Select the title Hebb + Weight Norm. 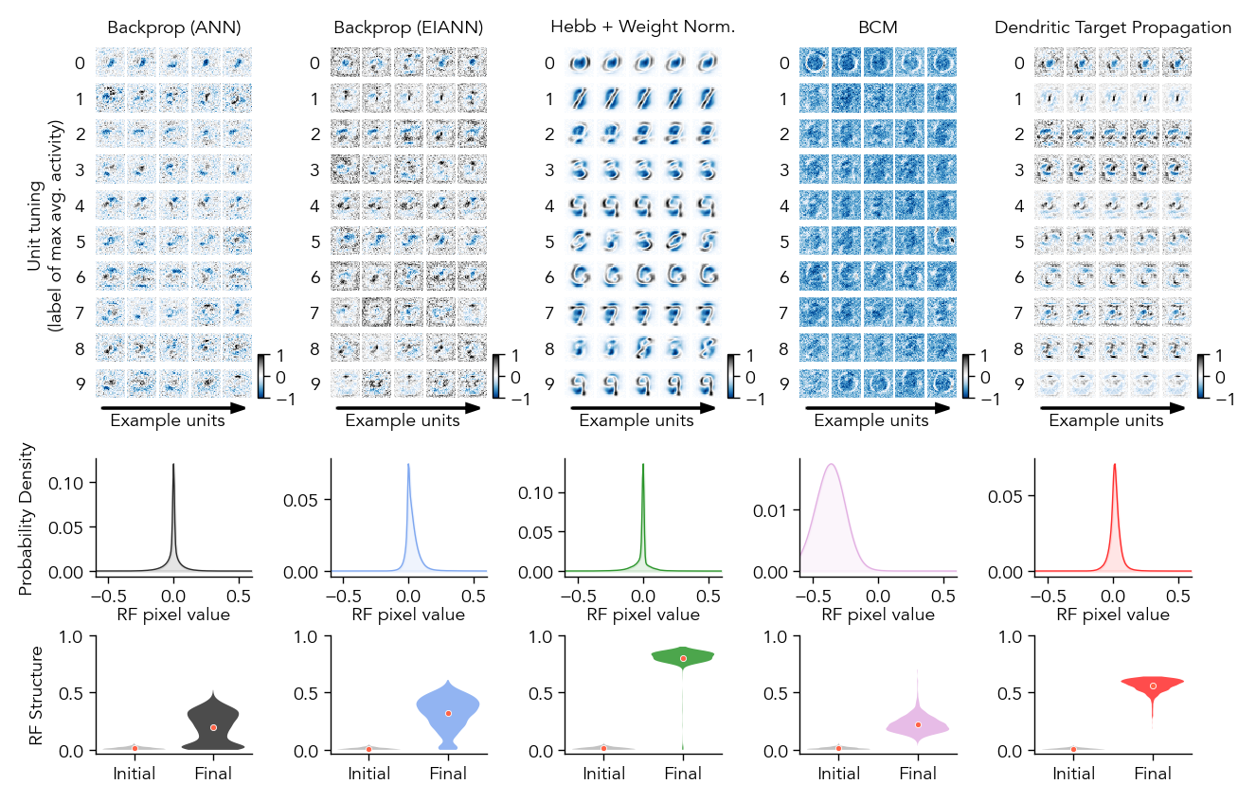click(643, 27)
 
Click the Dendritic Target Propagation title click(1113, 27)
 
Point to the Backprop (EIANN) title click(408, 27)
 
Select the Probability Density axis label click(26, 522)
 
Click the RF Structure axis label click(36, 695)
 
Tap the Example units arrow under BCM click(877, 408)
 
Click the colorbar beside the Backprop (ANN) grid click(263, 378)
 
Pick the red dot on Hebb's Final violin click(683, 658)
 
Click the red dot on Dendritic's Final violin click(1153, 686)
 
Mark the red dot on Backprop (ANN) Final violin click(213, 727)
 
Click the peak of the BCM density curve click(831, 464)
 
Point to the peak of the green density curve click(643, 464)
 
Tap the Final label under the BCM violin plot click(918, 774)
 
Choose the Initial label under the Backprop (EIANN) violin click(368, 774)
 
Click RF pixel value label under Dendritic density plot click(1113, 614)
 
